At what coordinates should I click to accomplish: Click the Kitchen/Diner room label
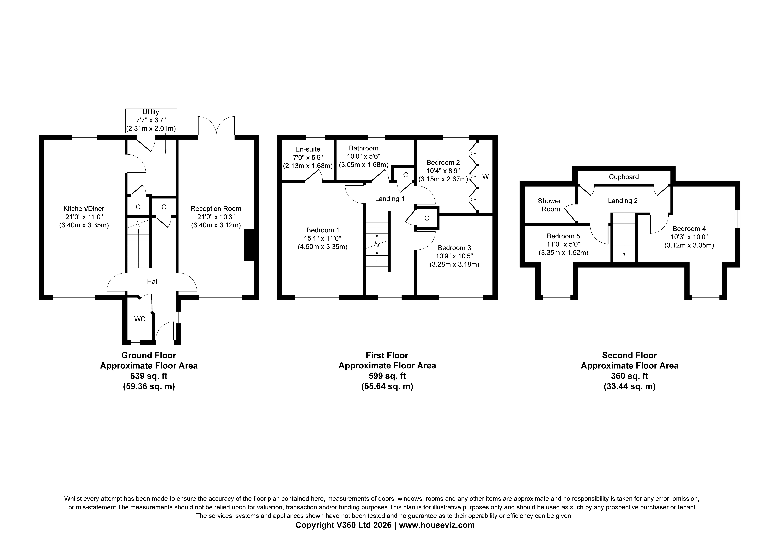click(x=84, y=209)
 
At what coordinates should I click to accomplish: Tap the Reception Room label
click(x=216, y=209)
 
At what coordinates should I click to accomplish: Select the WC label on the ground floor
click(x=140, y=319)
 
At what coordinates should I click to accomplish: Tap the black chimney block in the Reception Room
click(x=249, y=245)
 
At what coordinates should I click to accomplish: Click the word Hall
click(x=153, y=282)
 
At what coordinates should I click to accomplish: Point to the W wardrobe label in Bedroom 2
click(x=486, y=176)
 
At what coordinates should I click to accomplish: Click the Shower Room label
click(x=549, y=205)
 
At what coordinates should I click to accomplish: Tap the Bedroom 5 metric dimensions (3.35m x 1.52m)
click(x=563, y=253)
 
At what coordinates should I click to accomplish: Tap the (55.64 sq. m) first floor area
click(x=387, y=386)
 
